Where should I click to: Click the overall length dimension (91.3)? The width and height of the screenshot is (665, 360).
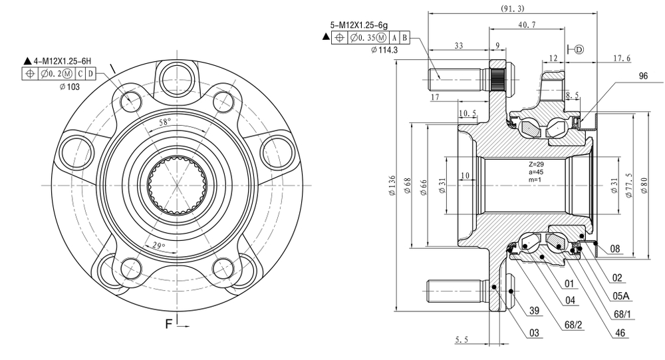coord(512,9)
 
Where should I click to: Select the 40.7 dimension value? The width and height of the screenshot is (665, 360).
coord(527,25)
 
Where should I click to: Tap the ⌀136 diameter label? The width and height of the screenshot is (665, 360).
coord(392,186)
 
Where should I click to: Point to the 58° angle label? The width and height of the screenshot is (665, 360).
coord(165,122)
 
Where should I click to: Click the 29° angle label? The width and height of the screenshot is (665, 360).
coord(159,246)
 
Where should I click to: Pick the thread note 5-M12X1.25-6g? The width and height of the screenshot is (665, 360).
coord(359,25)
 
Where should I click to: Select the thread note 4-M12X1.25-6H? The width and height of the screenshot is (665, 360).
coord(62,62)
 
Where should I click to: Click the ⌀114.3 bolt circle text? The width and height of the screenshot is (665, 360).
coord(384,50)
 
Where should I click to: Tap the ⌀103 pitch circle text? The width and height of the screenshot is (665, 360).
coord(70,87)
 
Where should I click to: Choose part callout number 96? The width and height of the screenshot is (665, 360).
coord(643,76)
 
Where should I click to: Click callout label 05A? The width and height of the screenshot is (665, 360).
coord(621,296)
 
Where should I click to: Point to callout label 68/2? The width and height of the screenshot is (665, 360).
coord(573,325)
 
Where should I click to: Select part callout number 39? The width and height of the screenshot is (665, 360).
coord(534,310)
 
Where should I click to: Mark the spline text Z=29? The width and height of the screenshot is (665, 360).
coord(536,164)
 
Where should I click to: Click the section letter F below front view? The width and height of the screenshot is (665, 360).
coord(169,324)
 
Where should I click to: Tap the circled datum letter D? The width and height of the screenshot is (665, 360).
coord(579,50)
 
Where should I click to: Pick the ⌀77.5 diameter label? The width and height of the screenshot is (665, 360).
coord(629,186)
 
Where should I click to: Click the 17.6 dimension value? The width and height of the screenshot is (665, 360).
coord(622,58)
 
